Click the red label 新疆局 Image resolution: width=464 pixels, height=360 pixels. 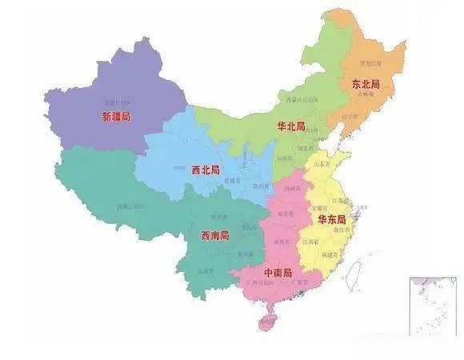(x=117, y=118)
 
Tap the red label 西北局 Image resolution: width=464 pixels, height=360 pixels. (x=206, y=170)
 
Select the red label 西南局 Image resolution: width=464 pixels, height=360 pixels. (x=214, y=236)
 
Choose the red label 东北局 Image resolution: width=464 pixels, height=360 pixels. (x=365, y=82)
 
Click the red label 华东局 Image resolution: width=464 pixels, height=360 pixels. (x=331, y=218)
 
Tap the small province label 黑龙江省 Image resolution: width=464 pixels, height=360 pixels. (x=368, y=62)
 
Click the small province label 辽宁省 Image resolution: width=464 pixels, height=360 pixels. (x=349, y=116)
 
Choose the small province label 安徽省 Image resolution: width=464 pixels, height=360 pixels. (x=325, y=202)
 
